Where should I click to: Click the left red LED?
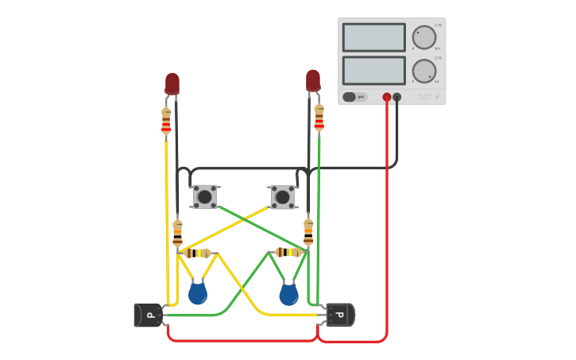pyautogui.click(x=172, y=83)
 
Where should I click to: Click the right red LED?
pyautogui.click(x=313, y=79)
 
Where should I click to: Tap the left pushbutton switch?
pyautogui.click(x=205, y=196)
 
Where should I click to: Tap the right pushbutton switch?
pyautogui.click(x=283, y=197)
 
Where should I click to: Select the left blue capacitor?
pyautogui.click(x=198, y=294)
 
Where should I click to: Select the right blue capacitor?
pyautogui.click(x=288, y=295)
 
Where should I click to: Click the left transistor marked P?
pyautogui.click(x=149, y=315)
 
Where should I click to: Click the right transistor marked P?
pyautogui.click(x=339, y=315)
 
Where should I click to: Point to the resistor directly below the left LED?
pyautogui.click(x=166, y=121)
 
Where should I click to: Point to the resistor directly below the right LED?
pyautogui.click(x=319, y=117)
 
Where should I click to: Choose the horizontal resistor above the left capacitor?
pyautogui.click(x=195, y=253)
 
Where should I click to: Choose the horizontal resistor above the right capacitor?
pyautogui.click(x=289, y=252)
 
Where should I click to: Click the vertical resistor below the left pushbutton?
pyautogui.click(x=177, y=233)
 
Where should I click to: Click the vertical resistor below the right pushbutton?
pyautogui.click(x=308, y=233)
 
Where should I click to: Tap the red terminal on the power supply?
pyautogui.click(x=387, y=97)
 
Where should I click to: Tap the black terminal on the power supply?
pyautogui.click(x=397, y=97)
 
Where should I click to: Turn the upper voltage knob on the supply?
pyautogui.click(x=424, y=37)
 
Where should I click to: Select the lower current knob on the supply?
pyautogui.click(x=424, y=71)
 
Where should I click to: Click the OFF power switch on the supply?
pyautogui.click(x=354, y=97)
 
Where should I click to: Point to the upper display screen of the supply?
pyautogui.click(x=373, y=37)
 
